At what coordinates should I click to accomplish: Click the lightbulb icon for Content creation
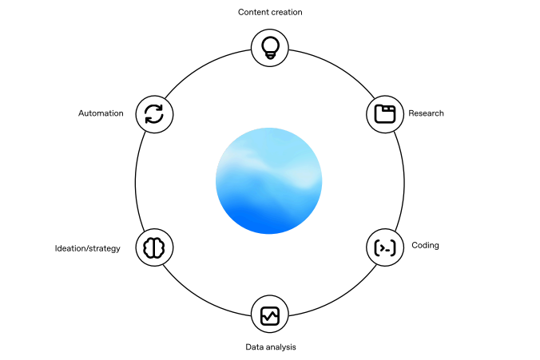[270, 47]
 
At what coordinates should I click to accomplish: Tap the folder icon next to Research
[385, 114]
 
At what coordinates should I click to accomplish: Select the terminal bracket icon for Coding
[385, 248]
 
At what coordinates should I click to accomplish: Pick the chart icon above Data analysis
[270, 315]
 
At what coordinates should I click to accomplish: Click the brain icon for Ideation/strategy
[154, 248]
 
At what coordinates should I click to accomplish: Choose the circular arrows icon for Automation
[154, 114]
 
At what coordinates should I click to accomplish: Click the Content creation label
[270, 12]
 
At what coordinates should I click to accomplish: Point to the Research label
[426, 113]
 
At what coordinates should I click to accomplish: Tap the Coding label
[425, 245]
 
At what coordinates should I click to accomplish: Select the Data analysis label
[270, 347]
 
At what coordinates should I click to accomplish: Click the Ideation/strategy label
[88, 248]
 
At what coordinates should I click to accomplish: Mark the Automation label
[101, 113]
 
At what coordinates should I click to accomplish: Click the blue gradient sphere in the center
[269, 181]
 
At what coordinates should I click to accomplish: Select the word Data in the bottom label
[253, 347]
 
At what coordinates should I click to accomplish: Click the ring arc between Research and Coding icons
[403, 181]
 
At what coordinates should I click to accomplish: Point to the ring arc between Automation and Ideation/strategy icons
[135, 181]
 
